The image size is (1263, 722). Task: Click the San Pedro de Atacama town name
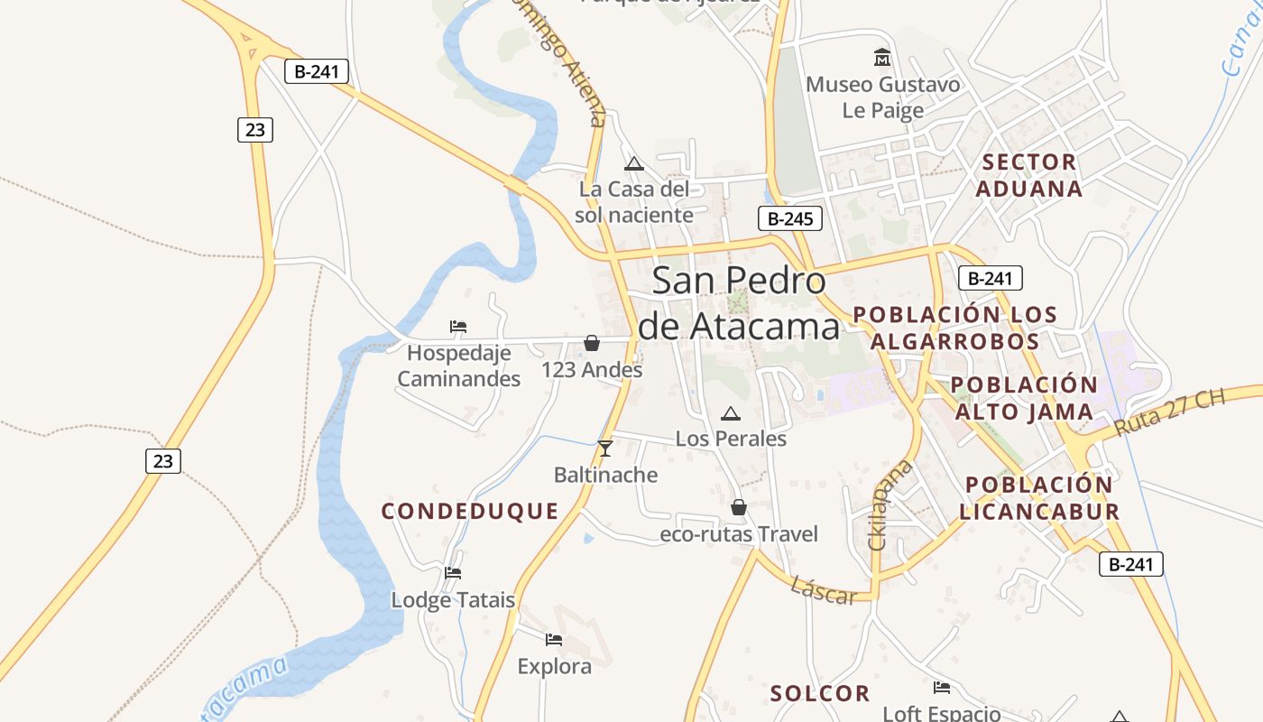[738, 303]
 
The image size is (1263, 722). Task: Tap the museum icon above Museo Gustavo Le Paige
[882, 58]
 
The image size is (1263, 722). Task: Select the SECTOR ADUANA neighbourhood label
[1029, 175]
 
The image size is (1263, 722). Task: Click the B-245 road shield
[790, 218]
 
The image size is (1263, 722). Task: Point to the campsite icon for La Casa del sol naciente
[634, 164]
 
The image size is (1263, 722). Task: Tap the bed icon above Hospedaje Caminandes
[458, 327]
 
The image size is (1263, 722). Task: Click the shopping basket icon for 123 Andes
[592, 343]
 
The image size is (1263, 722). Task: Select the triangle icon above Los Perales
[731, 414]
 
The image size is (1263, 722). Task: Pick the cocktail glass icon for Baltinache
[605, 449]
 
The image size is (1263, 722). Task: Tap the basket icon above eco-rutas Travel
[739, 508]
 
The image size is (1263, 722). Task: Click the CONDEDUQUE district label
[470, 512]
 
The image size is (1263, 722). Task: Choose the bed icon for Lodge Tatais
[453, 573]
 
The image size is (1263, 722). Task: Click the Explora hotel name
[554, 667]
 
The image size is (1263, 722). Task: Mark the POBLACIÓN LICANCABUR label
[1038, 498]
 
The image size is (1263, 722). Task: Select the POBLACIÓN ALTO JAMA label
[1024, 398]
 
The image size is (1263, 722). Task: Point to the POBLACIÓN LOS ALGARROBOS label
[954, 328]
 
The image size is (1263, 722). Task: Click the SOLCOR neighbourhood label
[820, 693]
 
